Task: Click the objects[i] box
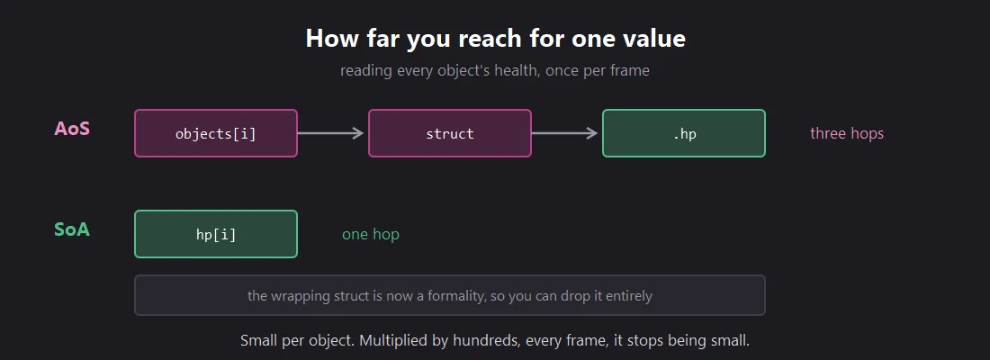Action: click(216, 133)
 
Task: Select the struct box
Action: click(449, 133)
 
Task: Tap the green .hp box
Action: click(684, 133)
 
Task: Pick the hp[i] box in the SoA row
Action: click(216, 234)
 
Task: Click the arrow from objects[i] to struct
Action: click(331, 133)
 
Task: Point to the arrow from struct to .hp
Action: click(565, 133)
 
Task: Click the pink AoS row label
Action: click(72, 129)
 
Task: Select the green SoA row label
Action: click(72, 229)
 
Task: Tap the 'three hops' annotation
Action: click(847, 133)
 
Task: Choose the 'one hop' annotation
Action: click(371, 234)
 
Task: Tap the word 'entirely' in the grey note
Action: click(628, 296)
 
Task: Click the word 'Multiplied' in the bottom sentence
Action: click(389, 341)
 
